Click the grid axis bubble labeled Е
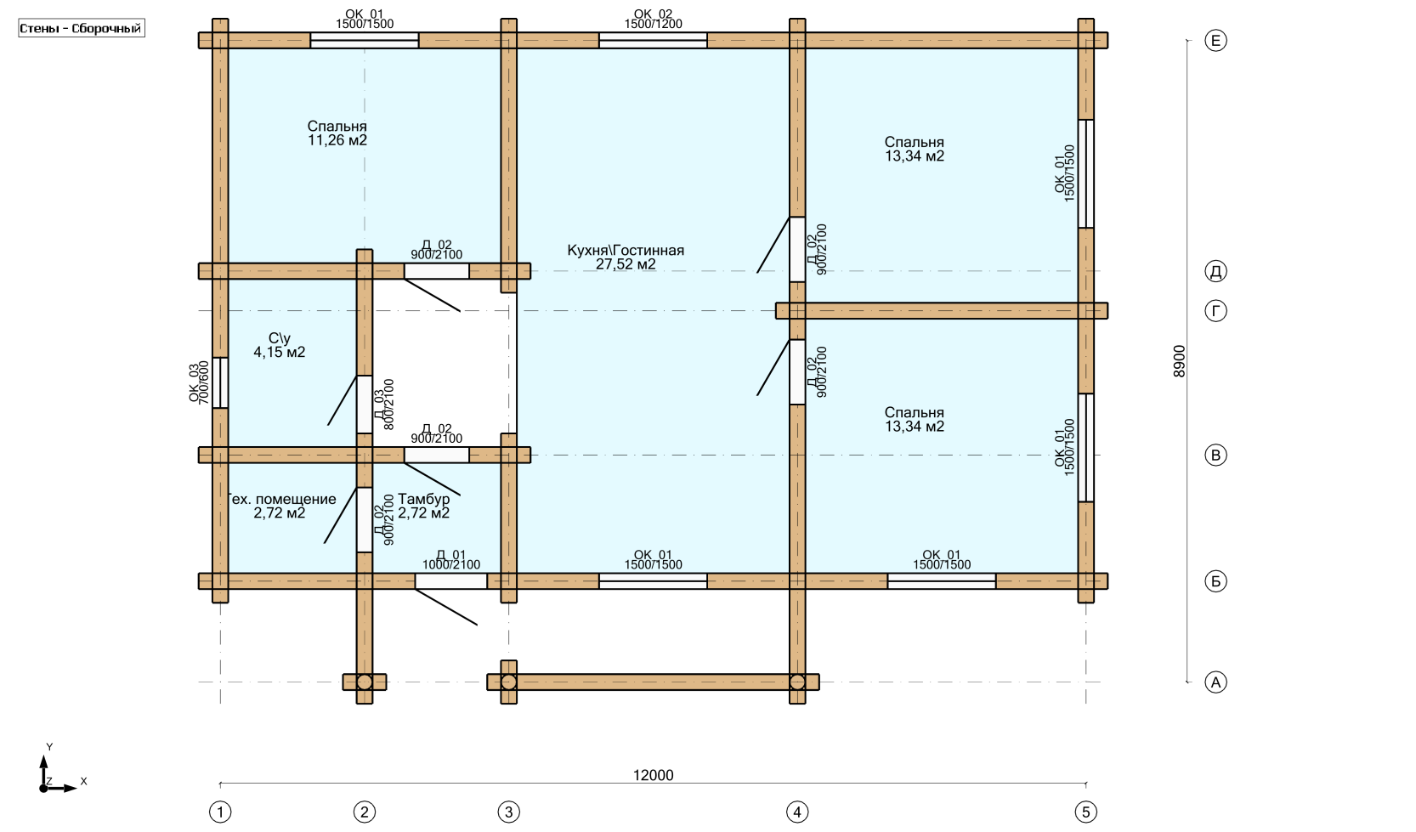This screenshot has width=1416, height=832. point(1215,41)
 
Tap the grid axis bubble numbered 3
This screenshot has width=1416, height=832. point(508,812)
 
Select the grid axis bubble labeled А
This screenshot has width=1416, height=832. point(1215,682)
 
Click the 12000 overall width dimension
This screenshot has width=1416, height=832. point(653,775)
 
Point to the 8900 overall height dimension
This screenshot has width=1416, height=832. point(1179,361)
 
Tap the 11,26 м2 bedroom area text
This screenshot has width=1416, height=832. point(337,141)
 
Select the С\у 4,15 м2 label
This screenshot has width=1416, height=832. point(279,345)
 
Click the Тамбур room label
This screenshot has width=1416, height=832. point(423,500)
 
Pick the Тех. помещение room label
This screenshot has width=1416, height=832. point(281,500)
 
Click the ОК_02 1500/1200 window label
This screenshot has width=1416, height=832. point(653,19)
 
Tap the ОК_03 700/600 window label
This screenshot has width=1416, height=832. point(199,383)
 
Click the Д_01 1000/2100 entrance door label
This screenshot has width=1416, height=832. point(450,560)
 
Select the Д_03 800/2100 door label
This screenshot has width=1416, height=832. point(384,405)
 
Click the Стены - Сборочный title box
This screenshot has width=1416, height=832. point(82,28)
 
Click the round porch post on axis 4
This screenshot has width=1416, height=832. point(797,682)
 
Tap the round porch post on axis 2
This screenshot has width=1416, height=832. point(365,682)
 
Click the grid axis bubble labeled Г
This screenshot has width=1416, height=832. point(1215,311)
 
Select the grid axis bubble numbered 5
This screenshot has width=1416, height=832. point(1085,812)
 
